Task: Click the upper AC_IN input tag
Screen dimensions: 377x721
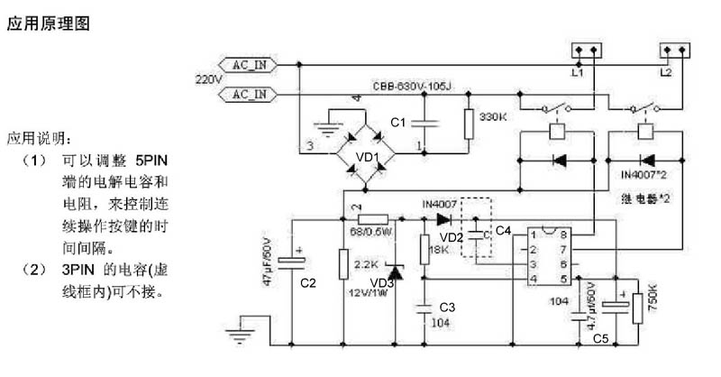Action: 250,65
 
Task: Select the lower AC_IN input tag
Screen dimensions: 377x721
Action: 250,94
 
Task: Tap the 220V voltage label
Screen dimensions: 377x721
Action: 208,79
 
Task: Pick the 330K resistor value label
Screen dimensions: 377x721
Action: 495,117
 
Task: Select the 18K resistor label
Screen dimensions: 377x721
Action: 439,249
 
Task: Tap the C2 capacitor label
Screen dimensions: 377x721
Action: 308,282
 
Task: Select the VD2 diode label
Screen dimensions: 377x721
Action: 451,236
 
